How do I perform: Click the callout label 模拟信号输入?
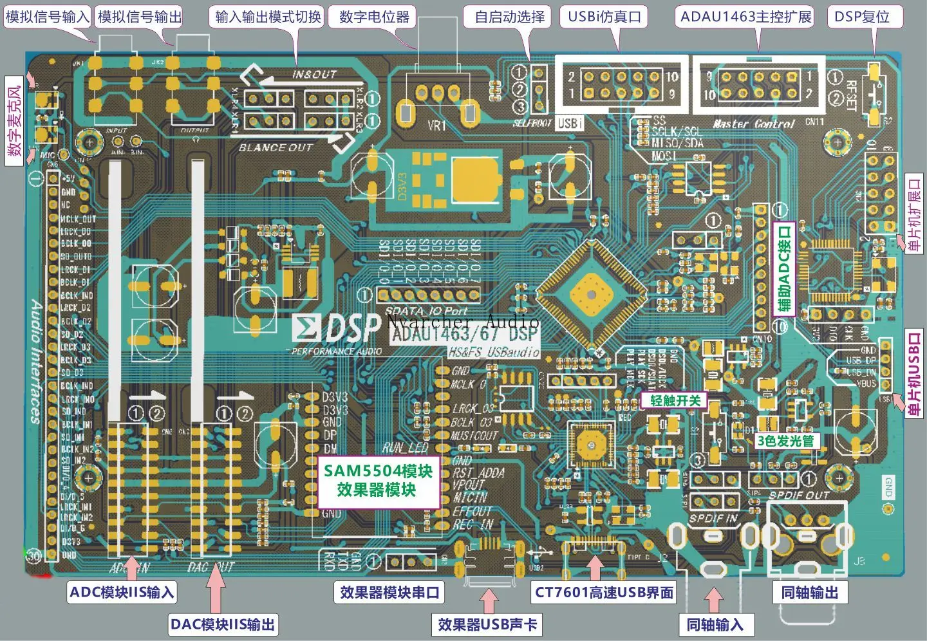(47, 17)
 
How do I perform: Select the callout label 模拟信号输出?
(140, 17)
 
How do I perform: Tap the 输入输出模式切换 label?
(268, 17)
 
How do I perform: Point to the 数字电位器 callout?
(374, 17)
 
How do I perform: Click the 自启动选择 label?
(509, 17)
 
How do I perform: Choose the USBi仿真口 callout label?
(604, 17)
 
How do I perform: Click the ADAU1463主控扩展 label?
(746, 17)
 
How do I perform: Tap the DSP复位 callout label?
(861, 17)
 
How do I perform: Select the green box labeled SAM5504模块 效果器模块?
(377, 480)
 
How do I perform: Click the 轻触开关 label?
(675, 400)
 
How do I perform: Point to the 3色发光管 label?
(786, 441)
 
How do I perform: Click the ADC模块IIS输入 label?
(122, 592)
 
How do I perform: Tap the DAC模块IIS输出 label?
(222, 624)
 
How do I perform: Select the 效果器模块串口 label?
(389, 592)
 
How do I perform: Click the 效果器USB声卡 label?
(487, 624)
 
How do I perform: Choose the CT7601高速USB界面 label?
(604, 592)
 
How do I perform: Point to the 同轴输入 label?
(715, 624)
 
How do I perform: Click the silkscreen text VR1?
(437, 125)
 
